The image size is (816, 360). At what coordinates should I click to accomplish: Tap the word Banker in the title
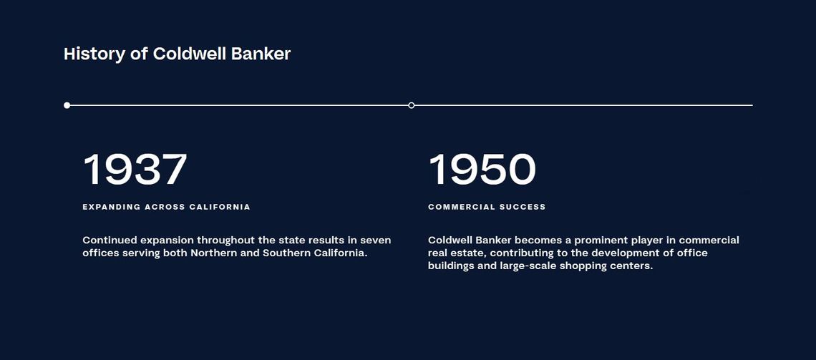click(261, 54)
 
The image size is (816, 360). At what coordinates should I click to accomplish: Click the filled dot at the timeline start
click(67, 106)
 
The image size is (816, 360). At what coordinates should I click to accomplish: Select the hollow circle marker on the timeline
click(412, 106)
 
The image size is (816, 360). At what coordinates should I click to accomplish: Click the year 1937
click(135, 169)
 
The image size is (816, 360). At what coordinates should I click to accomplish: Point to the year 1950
click(482, 169)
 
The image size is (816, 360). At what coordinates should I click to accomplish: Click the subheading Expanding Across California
click(167, 207)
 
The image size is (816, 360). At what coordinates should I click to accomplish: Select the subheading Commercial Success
click(487, 207)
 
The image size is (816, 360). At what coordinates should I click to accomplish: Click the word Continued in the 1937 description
click(110, 240)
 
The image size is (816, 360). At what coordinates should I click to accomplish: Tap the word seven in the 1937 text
click(376, 241)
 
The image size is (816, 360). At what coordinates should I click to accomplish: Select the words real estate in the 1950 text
click(455, 253)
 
